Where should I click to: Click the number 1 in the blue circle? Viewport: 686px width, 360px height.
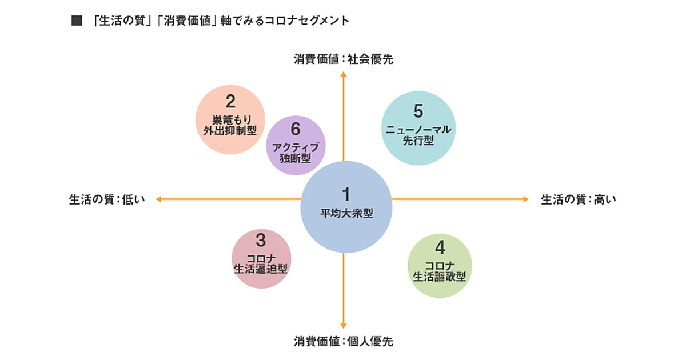click(346, 194)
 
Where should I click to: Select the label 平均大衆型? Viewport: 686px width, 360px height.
click(346, 214)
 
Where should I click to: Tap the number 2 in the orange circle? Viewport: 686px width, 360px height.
click(230, 102)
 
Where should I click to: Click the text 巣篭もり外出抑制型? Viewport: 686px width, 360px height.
click(230, 125)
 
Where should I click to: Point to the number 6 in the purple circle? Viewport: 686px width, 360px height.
click(296, 129)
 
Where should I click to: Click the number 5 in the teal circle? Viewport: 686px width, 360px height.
click(418, 109)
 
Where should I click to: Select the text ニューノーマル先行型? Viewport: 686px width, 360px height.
click(418, 135)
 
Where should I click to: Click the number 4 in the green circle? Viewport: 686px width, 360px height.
click(440, 247)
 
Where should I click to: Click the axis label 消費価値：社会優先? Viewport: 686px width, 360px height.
click(344, 59)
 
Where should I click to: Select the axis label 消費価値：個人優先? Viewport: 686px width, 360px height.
click(344, 342)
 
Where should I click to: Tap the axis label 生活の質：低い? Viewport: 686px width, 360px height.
click(107, 199)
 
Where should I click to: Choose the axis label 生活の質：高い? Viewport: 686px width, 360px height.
click(579, 199)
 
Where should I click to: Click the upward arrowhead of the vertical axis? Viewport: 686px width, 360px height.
click(344, 74)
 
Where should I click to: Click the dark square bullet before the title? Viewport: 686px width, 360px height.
click(74, 21)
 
